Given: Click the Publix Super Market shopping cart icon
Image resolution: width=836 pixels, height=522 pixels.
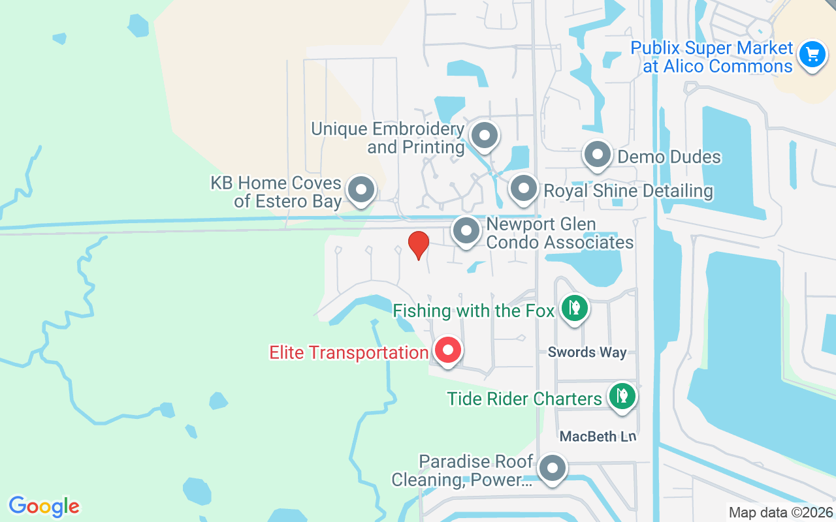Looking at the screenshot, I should [812, 54].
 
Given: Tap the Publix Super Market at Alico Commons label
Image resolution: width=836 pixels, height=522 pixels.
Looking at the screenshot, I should [711, 57].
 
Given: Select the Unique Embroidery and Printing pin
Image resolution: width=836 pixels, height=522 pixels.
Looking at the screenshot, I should [485, 136].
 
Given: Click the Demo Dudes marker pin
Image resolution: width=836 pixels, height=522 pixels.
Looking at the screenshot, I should [597, 155].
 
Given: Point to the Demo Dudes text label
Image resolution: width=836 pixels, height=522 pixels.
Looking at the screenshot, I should [669, 157].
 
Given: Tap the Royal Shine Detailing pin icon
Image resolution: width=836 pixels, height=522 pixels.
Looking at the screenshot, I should [523, 189].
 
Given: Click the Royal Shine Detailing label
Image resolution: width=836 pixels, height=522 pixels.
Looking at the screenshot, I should [628, 191].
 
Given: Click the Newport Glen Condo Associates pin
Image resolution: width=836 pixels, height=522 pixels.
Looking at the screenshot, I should [466, 231].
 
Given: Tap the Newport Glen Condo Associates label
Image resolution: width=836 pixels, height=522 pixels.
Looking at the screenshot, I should [560, 233].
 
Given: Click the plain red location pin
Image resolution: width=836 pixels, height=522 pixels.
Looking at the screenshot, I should [418, 245].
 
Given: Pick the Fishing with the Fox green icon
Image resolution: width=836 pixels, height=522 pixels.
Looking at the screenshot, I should [574, 308].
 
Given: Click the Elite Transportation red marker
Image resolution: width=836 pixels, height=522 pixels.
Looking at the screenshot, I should [448, 350].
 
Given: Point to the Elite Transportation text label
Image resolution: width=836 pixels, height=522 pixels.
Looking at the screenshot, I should [349, 353].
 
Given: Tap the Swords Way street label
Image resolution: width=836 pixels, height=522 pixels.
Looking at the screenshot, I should [587, 352].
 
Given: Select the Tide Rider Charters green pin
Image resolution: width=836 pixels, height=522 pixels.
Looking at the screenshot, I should [622, 396].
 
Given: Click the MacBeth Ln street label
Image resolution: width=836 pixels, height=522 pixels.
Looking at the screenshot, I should [598, 436].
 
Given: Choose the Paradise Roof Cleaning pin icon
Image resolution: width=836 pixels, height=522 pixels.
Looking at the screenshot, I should [553, 468].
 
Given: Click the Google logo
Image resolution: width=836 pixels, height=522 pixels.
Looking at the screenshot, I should [44, 506].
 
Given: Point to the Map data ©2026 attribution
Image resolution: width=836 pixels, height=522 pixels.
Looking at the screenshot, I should [780, 513].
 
